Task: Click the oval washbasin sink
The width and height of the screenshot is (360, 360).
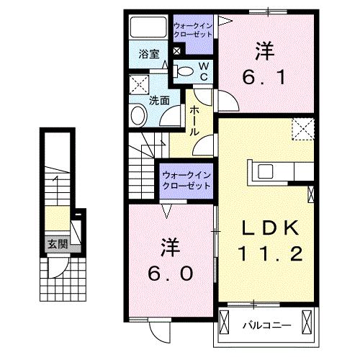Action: tap(138, 114)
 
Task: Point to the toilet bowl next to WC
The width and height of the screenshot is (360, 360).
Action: tap(184, 71)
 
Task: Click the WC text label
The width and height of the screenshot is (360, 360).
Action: tap(204, 71)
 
